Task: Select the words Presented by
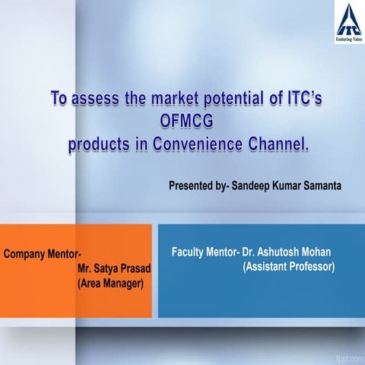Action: pyautogui.click(x=196, y=186)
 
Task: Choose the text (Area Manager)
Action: pyautogui.click(x=111, y=284)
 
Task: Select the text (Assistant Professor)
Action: pyautogui.click(x=288, y=267)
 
